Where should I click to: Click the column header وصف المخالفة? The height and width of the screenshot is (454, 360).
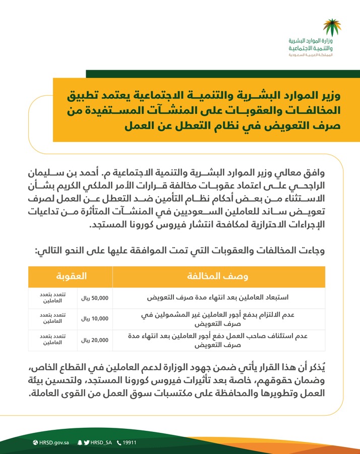coord(219,276)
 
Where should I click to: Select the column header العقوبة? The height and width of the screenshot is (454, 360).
coord(71,276)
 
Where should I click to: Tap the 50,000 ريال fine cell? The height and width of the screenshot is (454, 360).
coord(95,297)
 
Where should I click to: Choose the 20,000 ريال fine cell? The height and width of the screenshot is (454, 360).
coord(95,340)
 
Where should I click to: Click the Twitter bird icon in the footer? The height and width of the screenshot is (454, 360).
coord(87,443)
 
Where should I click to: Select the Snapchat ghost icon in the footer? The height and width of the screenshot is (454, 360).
coord(80,443)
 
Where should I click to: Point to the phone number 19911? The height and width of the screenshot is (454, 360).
coord(130,443)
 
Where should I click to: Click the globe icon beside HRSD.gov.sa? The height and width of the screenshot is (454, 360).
coord(35,443)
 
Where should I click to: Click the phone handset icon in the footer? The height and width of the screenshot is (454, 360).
coord(119,443)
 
